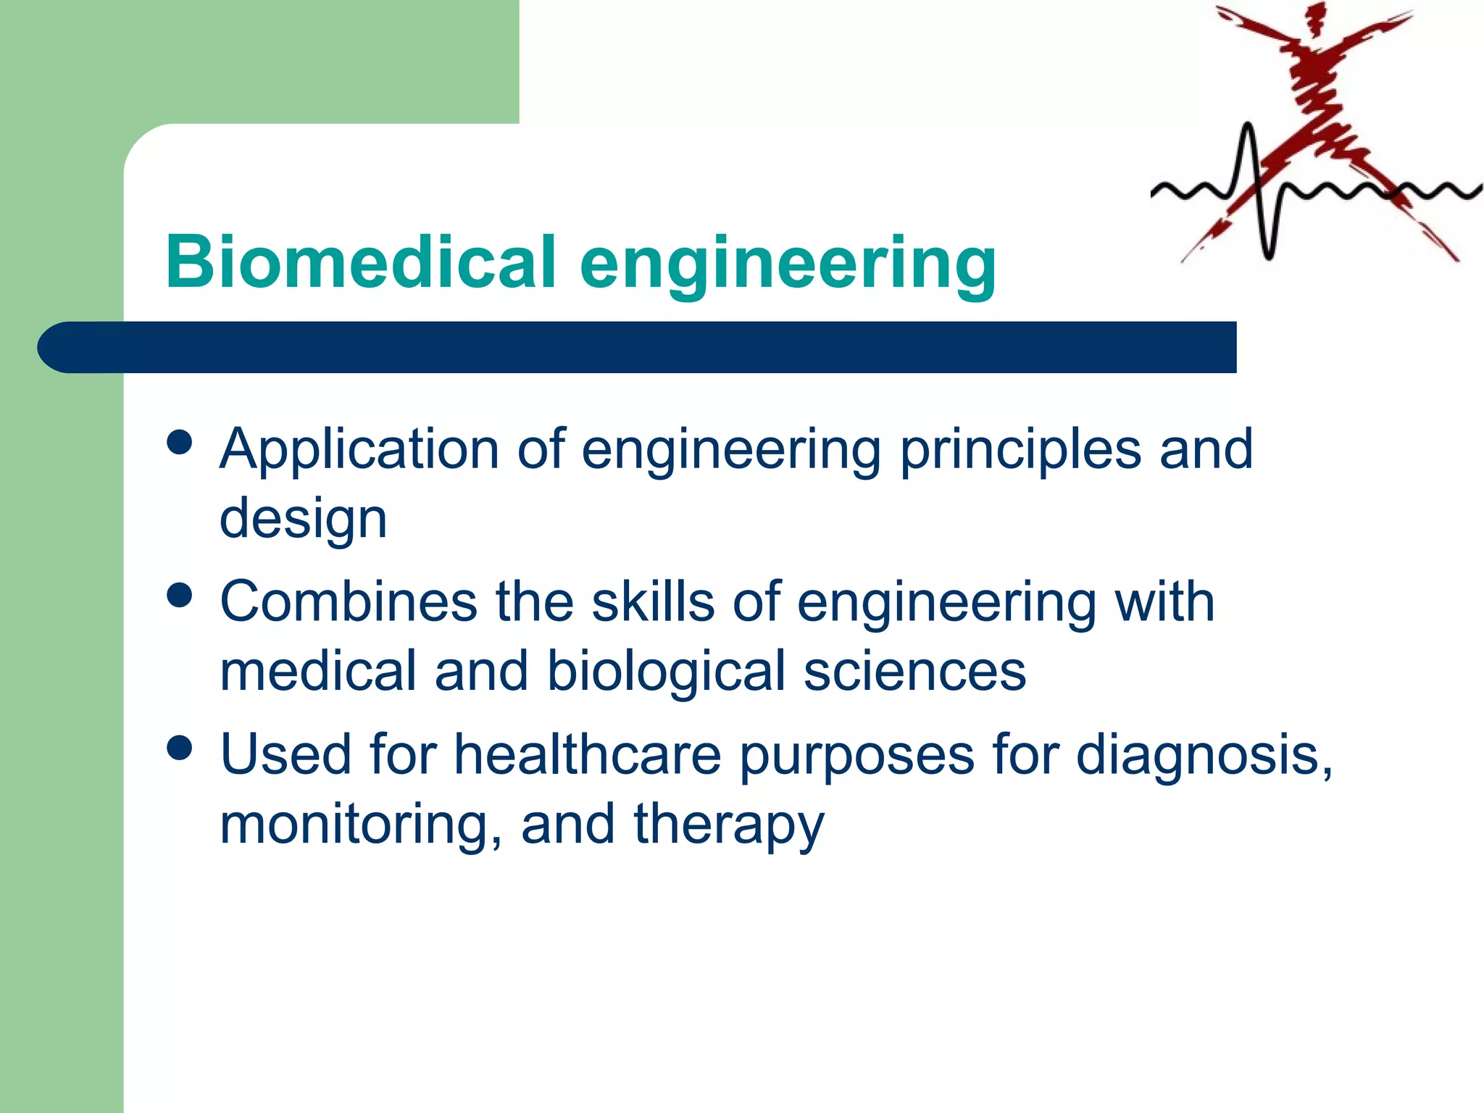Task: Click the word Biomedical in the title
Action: pos(361,262)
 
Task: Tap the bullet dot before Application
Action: pos(179,442)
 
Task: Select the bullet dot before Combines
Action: pos(179,595)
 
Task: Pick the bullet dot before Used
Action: pos(179,747)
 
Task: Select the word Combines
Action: pos(349,602)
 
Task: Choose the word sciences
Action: pos(914,671)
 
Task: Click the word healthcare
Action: pos(588,755)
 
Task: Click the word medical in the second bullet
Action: pos(317,671)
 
